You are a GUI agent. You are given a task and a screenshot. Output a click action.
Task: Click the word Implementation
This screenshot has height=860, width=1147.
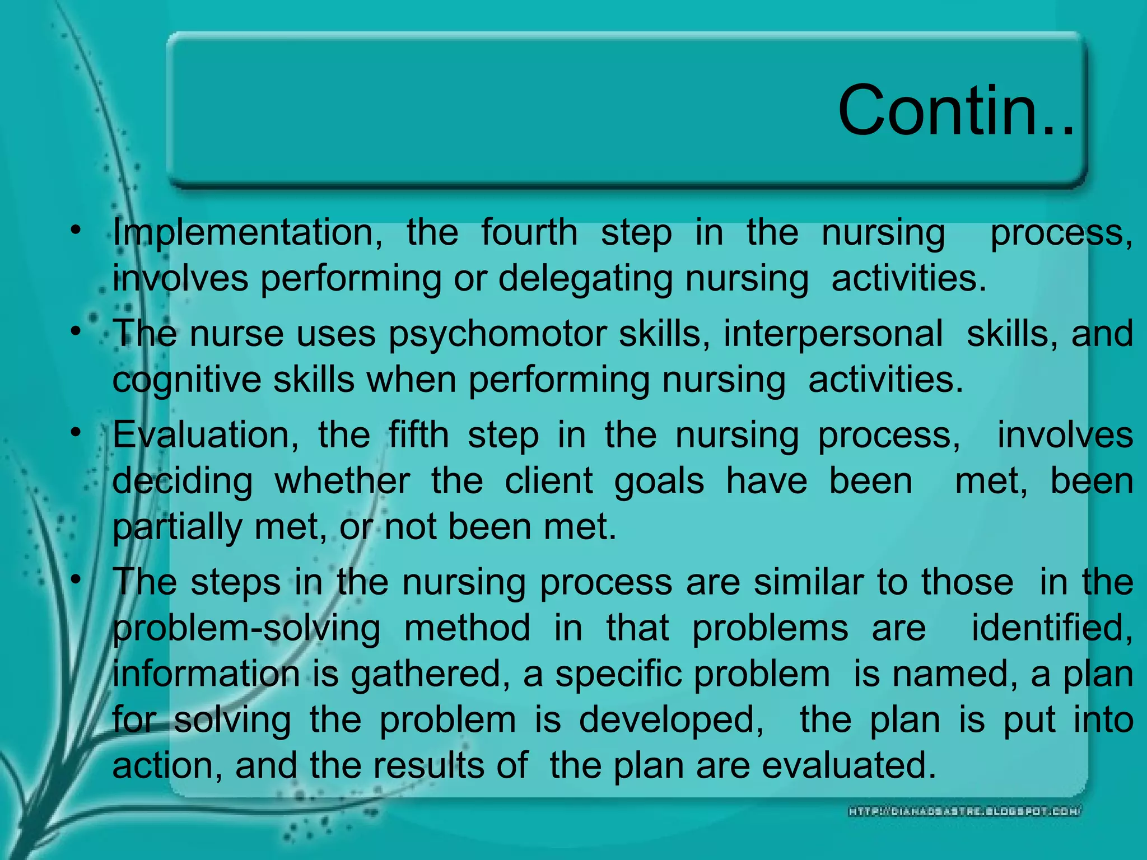pos(247,232)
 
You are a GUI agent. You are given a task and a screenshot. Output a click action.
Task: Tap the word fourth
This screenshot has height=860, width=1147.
pos(529,232)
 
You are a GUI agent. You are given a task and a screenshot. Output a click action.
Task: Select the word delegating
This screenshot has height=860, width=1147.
pos(585,278)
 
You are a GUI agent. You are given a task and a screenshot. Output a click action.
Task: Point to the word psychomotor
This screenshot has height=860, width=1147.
pos(497,334)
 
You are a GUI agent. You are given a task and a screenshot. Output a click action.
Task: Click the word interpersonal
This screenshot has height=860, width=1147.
pos(833,334)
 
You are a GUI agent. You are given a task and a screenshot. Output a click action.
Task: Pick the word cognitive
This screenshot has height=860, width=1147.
pos(186,380)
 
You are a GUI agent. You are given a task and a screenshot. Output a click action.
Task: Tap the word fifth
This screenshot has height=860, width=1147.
pos(418,435)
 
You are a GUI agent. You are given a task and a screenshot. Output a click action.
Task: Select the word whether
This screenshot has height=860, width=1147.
pos(342,481)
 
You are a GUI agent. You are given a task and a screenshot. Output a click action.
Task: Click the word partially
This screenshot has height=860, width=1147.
pos(178,527)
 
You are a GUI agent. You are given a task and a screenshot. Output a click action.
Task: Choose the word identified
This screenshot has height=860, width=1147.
pos(1052,628)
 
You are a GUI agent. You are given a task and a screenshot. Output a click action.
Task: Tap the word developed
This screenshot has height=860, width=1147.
pos(671,719)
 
